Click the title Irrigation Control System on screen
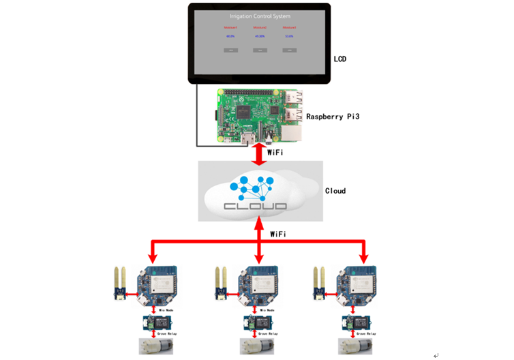pos(260,16)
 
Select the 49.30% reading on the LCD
pos(260,36)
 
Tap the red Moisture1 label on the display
pos(230,28)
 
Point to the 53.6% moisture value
pos(289,36)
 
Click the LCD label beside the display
pos(339,59)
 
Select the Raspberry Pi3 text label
pos(333,117)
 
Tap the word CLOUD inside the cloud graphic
pos(256,205)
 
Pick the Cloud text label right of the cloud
pos(335,191)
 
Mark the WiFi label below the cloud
pos(277,234)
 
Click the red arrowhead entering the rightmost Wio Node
pos(363,258)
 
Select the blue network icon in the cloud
pos(252,185)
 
